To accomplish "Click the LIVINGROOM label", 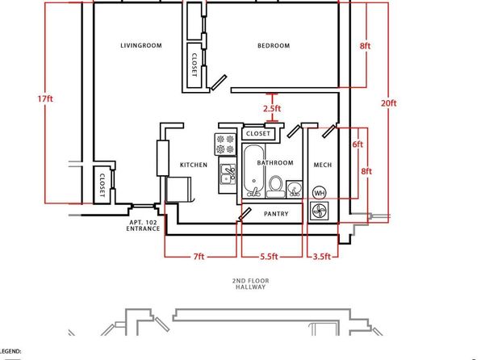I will (141, 46).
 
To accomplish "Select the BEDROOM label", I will (273, 46).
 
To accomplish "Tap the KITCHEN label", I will (194, 165).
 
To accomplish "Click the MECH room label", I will (322, 165).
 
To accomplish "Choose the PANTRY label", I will (276, 214).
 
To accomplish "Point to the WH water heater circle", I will (319, 193).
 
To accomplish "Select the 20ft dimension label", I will (389, 103).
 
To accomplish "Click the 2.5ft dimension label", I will (272, 108).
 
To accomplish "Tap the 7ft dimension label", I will (199, 257).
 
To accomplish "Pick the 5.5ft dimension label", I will (269, 257).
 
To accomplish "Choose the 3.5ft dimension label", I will (322, 257).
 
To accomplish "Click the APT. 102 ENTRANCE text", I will (144, 226).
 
